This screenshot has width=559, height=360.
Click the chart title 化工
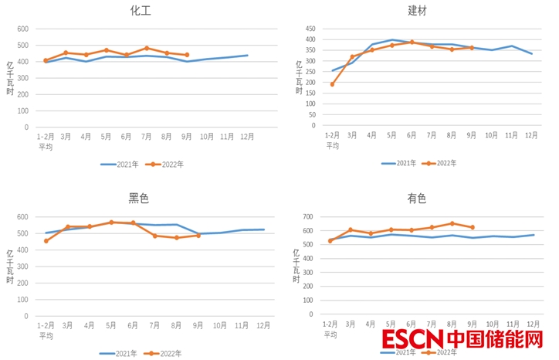pyautogui.click(x=140, y=11)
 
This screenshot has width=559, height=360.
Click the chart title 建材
pyautogui.click(x=418, y=11)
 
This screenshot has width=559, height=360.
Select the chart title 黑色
pyautogui.click(x=139, y=199)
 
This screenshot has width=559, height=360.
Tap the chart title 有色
pyautogui.click(x=417, y=199)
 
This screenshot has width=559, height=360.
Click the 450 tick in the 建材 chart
pyautogui.click(x=310, y=29)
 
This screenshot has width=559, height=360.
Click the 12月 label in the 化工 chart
pyautogui.click(x=247, y=137)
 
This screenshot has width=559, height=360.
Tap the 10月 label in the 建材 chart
pyautogui.click(x=491, y=134)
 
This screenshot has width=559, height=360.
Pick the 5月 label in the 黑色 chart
pyautogui.click(x=111, y=326)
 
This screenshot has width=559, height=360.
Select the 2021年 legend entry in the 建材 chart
pyautogui.click(x=398, y=163)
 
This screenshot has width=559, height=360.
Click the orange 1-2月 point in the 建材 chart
pyautogui.click(x=332, y=84)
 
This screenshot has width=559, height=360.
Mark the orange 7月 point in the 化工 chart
pyautogui.click(x=147, y=48)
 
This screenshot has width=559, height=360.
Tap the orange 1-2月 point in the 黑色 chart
pyautogui.click(x=46, y=241)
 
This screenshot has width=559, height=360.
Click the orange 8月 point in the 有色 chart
pyautogui.click(x=452, y=223)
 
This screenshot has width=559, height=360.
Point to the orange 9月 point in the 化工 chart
pyautogui.click(x=187, y=55)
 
